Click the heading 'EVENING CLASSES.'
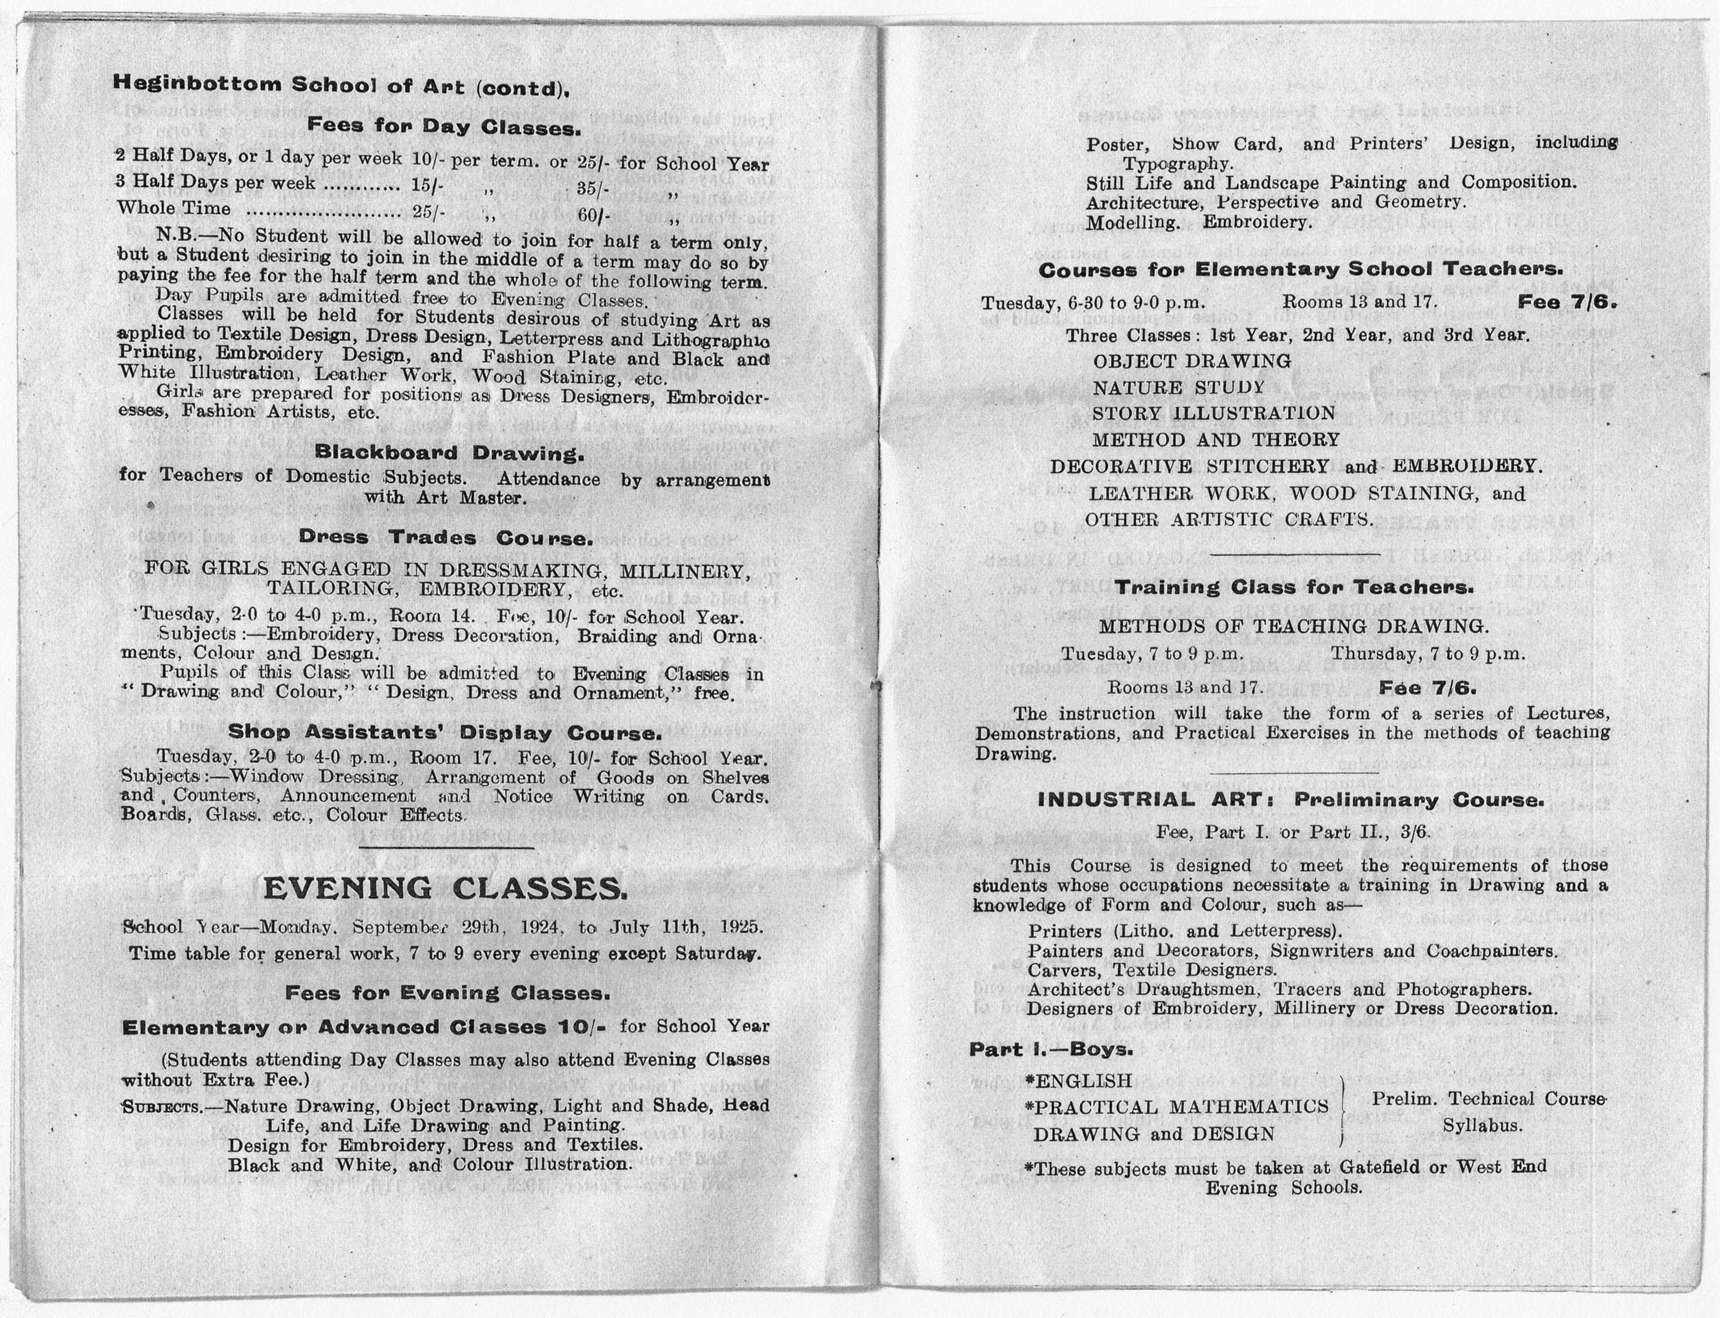[x=445, y=888]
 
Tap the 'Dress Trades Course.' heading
[x=445, y=538]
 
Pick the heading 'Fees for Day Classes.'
[x=443, y=126]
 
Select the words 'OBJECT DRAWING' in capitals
[x=1191, y=362]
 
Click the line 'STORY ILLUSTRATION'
[x=1213, y=414]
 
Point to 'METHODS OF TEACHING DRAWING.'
[x=1293, y=627]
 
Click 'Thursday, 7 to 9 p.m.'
[x=1427, y=653]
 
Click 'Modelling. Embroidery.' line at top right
[x=1198, y=223]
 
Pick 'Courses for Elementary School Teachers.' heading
[x=1300, y=270]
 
